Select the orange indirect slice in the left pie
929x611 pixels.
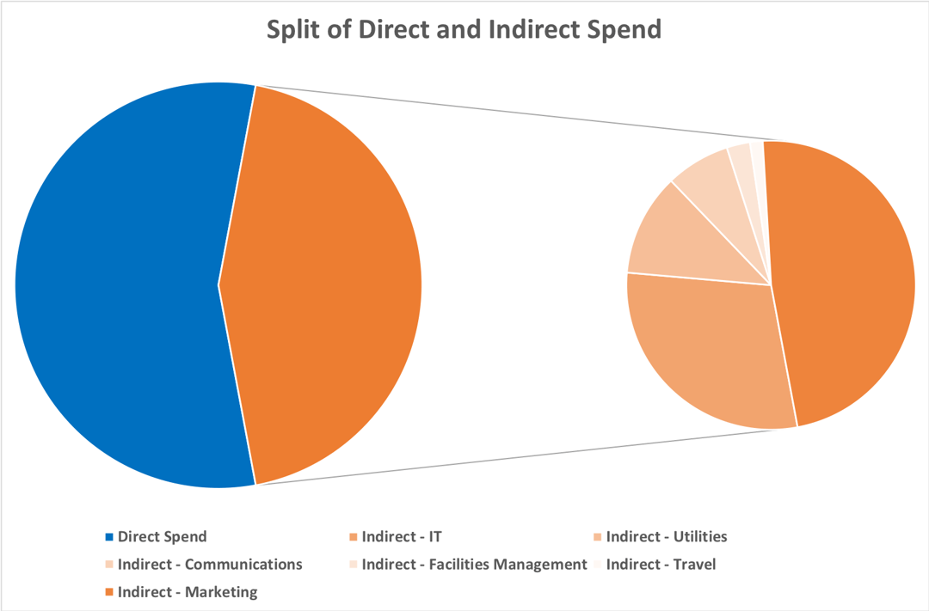327,284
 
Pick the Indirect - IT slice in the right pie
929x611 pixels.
705,352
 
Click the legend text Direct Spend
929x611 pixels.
162,537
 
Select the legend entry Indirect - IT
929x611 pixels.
402,537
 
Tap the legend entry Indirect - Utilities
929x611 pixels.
666,537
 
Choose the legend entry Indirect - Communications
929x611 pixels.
210,565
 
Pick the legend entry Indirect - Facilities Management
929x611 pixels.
474,565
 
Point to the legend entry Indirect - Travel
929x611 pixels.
661,565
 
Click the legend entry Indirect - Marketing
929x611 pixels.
188,592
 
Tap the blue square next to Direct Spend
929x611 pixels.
109,537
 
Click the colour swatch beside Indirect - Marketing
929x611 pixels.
109,592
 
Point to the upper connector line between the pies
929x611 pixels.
516,113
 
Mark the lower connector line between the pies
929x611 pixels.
516,457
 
